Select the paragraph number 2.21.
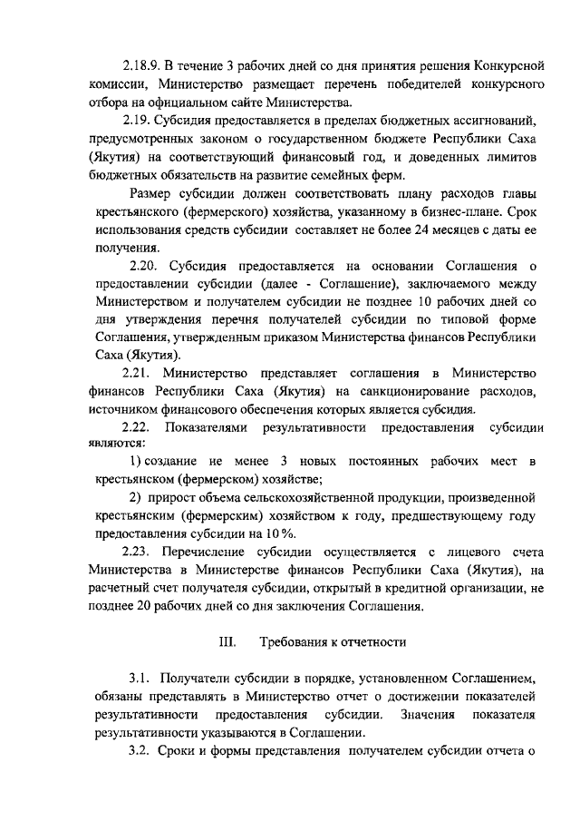click(x=138, y=373)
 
